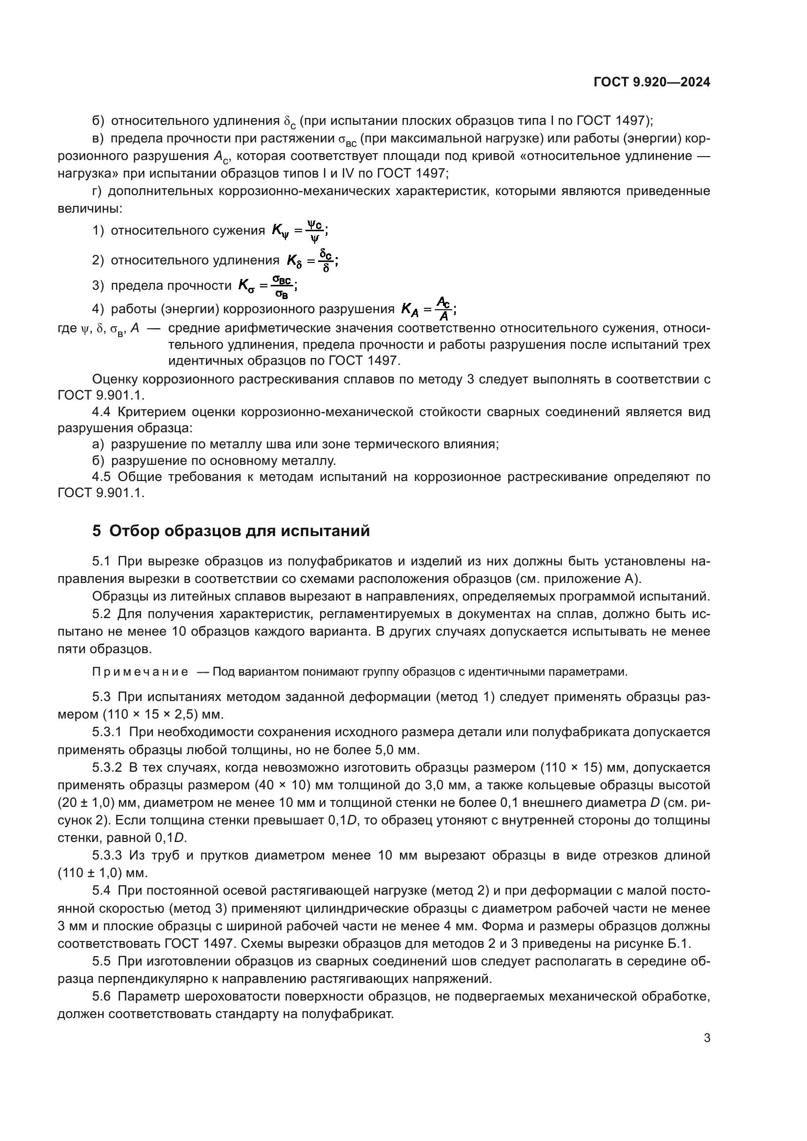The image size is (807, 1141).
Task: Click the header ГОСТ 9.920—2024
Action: (651, 82)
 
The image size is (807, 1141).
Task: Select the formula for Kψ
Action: (300, 231)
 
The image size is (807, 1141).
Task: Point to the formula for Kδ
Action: (313, 260)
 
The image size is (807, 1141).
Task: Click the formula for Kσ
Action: (267, 286)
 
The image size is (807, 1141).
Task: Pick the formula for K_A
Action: (428, 309)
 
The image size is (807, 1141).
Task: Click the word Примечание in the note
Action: (140, 672)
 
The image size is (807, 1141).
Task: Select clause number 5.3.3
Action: (107, 855)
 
